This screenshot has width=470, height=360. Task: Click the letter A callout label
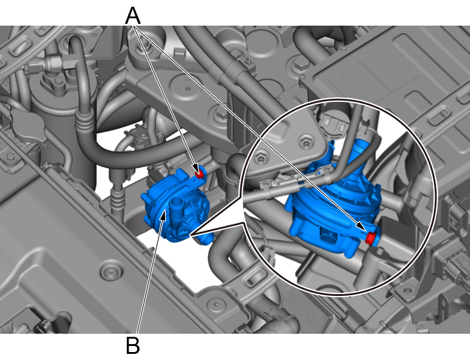(x=133, y=16)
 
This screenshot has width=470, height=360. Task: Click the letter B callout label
(x=133, y=345)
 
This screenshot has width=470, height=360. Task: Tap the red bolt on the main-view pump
(x=199, y=174)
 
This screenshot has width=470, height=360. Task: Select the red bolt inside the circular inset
(x=371, y=238)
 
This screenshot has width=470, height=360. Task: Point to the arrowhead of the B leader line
(x=163, y=215)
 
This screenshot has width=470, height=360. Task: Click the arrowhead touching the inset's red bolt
(x=361, y=226)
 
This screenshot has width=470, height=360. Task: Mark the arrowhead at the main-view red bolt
(x=195, y=167)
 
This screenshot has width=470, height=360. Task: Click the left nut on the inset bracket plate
(x=262, y=157)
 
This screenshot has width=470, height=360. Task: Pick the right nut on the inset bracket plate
(x=305, y=142)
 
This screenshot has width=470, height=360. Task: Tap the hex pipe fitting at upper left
(x=54, y=62)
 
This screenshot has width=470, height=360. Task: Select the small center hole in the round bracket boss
(x=188, y=88)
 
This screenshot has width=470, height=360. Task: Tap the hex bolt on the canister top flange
(x=59, y=82)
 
